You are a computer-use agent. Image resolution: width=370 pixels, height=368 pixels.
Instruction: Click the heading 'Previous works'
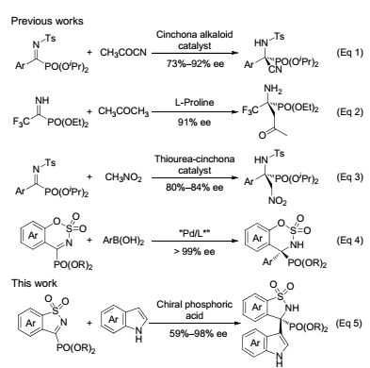point(47,21)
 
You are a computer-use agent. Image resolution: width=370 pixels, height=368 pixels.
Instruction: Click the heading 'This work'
point(34,283)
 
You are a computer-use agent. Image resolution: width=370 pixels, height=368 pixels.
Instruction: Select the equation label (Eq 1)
point(349,52)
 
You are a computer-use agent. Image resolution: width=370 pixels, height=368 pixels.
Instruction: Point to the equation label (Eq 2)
point(349,112)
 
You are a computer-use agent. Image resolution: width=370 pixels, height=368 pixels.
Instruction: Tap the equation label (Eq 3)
point(349,177)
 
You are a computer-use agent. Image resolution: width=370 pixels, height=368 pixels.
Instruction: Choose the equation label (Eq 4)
point(349,241)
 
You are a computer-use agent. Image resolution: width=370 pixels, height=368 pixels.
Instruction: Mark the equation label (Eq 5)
point(348,324)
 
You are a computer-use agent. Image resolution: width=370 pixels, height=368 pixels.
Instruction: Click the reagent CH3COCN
point(123,53)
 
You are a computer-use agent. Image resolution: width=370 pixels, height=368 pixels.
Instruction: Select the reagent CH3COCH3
point(123,111)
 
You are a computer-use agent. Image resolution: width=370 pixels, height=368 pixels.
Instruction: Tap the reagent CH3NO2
point(123,177)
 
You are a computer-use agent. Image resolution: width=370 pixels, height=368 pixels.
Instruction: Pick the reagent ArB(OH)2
point(123,241)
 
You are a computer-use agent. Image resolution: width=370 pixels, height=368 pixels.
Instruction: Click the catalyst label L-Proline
point(195,102)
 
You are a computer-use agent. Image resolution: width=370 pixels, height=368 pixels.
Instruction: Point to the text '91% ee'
point(194,122)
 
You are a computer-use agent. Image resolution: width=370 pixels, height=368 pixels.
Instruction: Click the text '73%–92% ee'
point(195,64)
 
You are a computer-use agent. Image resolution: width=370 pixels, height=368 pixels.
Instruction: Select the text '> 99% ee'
point(195,252)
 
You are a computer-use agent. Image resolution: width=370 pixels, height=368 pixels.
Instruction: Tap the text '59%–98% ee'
point(198,333)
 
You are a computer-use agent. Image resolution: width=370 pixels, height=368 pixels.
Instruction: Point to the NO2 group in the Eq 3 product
point(278,200)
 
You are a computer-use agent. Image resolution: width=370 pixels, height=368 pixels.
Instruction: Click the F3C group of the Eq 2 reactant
point(22,121)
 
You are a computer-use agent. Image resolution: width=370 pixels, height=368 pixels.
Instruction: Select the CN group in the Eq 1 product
point(275,69)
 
